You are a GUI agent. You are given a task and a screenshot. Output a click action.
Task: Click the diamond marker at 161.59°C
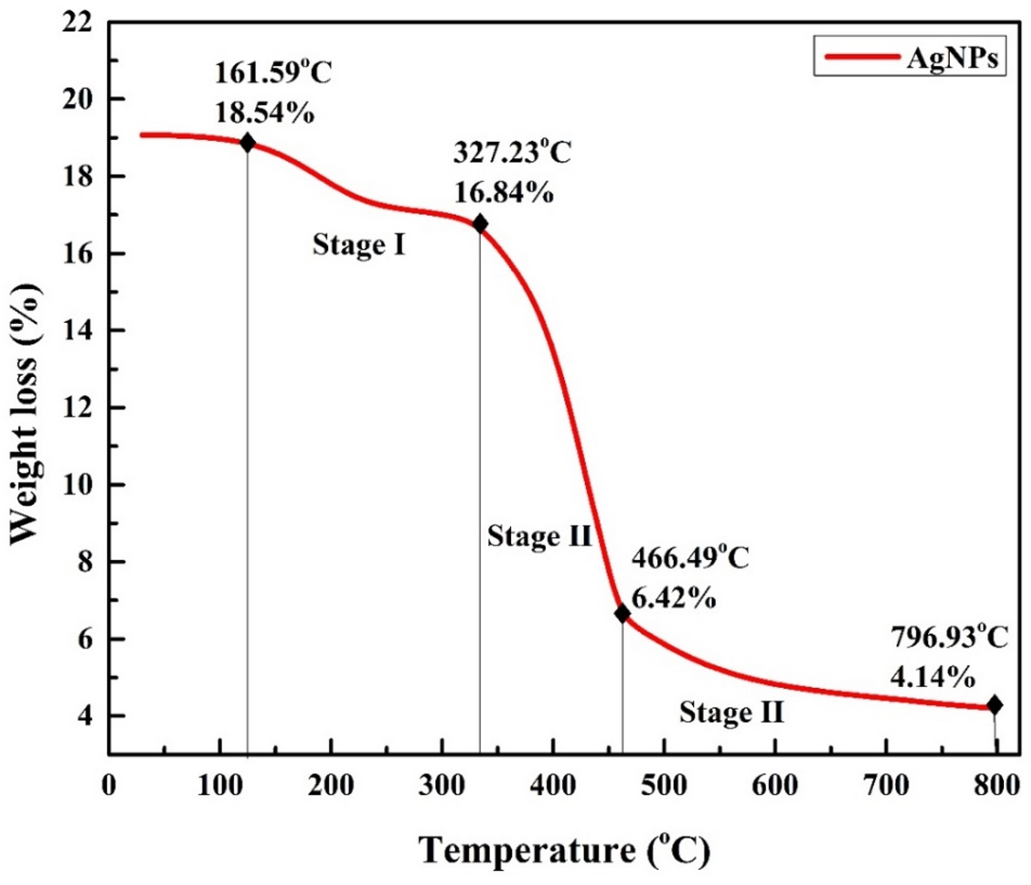248,143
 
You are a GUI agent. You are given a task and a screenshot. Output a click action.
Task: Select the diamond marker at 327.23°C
479,225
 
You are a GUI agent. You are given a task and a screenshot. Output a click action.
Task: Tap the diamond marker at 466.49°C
622,614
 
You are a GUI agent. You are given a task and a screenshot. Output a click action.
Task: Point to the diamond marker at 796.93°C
994,705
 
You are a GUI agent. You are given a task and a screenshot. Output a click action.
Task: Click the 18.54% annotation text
264,114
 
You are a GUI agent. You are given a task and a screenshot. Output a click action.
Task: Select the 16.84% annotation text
503,192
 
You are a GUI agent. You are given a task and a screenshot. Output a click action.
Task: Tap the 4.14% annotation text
933,677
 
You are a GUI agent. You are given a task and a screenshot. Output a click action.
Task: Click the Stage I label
359,244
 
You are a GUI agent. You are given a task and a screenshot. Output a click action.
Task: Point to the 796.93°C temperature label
948,637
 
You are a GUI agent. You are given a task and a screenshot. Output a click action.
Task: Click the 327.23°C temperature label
512,152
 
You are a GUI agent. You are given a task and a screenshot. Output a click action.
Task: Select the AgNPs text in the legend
952,58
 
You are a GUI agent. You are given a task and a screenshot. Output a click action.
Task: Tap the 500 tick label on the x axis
664,785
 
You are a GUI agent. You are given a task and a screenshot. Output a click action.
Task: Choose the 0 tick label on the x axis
109,785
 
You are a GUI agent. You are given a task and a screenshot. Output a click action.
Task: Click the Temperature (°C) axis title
564,851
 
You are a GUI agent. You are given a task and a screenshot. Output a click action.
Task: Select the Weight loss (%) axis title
25,414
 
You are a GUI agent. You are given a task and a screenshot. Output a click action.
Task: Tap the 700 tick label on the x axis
886,785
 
